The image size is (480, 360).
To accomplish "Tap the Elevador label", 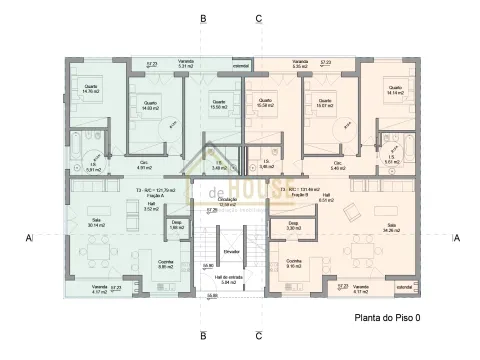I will pyautogui.click(x=230, y=252).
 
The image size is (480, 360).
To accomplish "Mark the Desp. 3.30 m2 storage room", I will pyautogui.click(x=293, y=226).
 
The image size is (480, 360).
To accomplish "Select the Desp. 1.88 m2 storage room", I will pyautogui.click(x=176, y=226).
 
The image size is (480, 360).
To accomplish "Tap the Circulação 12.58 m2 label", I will pyautogui.click(x=228, y=202).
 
